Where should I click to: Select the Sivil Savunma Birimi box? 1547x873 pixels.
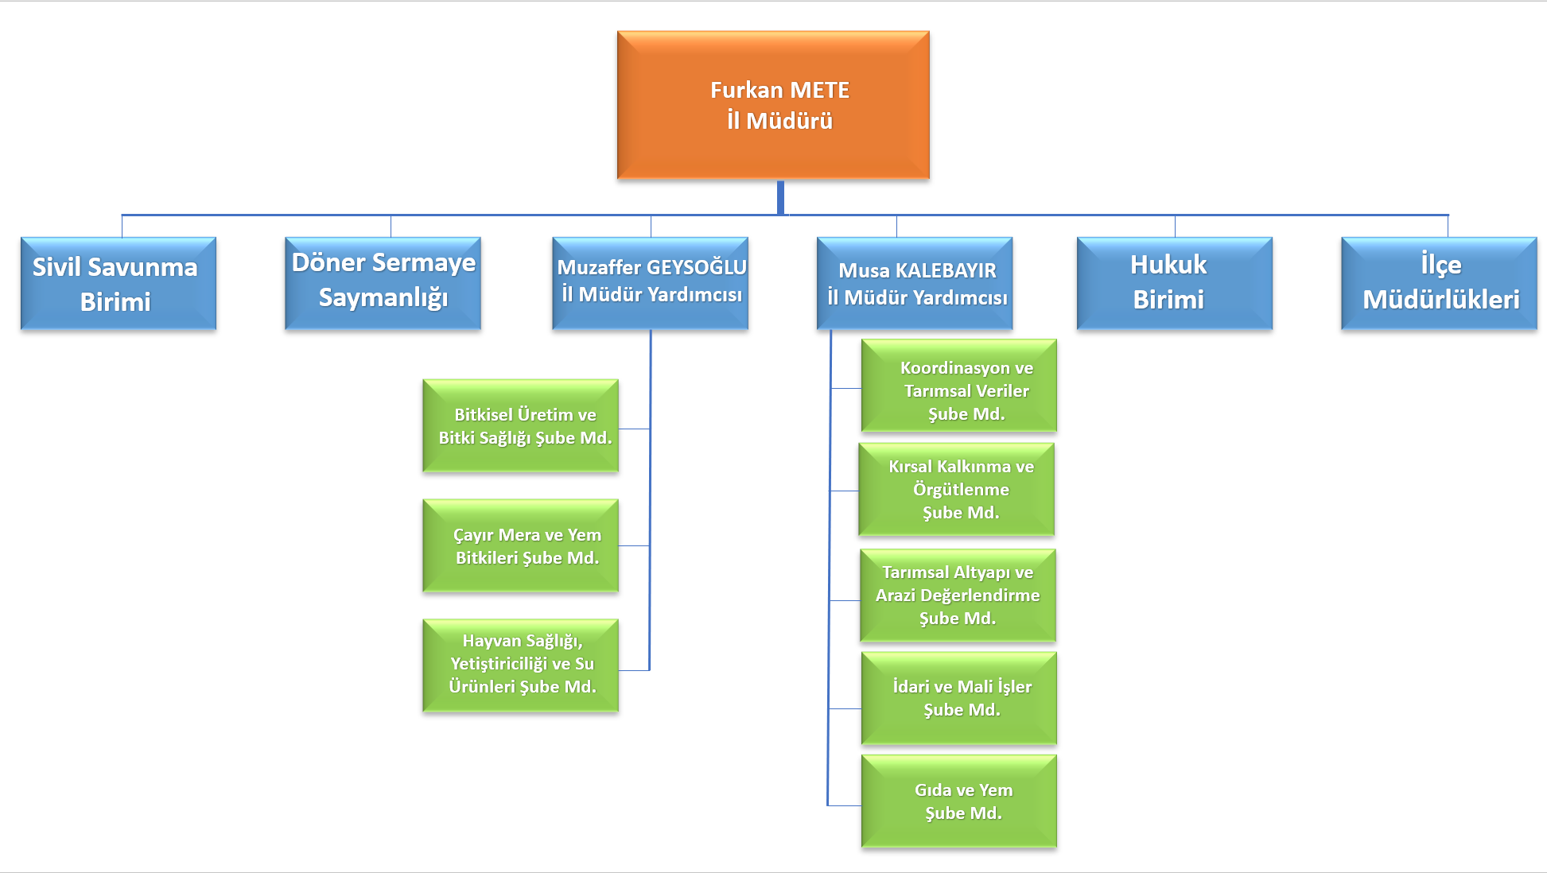pyautogui.click(x=119, y=284)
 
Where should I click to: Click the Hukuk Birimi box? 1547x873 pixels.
pyautogui.click(x=1174, y=284)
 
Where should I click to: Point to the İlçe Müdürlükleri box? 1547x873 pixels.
pyautogui.click(x=1439, y=284)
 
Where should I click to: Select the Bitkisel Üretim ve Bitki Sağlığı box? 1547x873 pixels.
pyautogui.click(x=521, y=426)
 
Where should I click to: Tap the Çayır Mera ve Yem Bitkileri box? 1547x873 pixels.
pyautogui.click(x=521, y=546)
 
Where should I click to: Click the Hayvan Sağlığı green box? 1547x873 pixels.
pyautogui.click(x=521, y=665)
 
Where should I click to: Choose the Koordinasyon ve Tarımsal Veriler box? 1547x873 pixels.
pyautogui.click(x=959, y=386)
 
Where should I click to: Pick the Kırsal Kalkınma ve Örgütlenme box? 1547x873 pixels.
pyautogui.click(x=957, y=489)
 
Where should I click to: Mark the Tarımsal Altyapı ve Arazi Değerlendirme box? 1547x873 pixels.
pyautogui.click(x=958, y=596)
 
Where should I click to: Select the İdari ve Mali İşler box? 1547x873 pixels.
pyautogui.click(x=959, y=698)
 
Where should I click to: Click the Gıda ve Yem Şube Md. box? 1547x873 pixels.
pyautogui.click(x=959, y=801)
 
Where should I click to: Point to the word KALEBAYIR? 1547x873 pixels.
pyautogui.click(x=946, y=271)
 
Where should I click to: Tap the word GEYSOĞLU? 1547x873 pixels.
pyautogui.click(x=696, y=268)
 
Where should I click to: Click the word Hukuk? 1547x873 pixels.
pyautogui.click(x=1168, y=265)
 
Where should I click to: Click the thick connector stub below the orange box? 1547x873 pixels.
pyautogui.click(x=780, y=197)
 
